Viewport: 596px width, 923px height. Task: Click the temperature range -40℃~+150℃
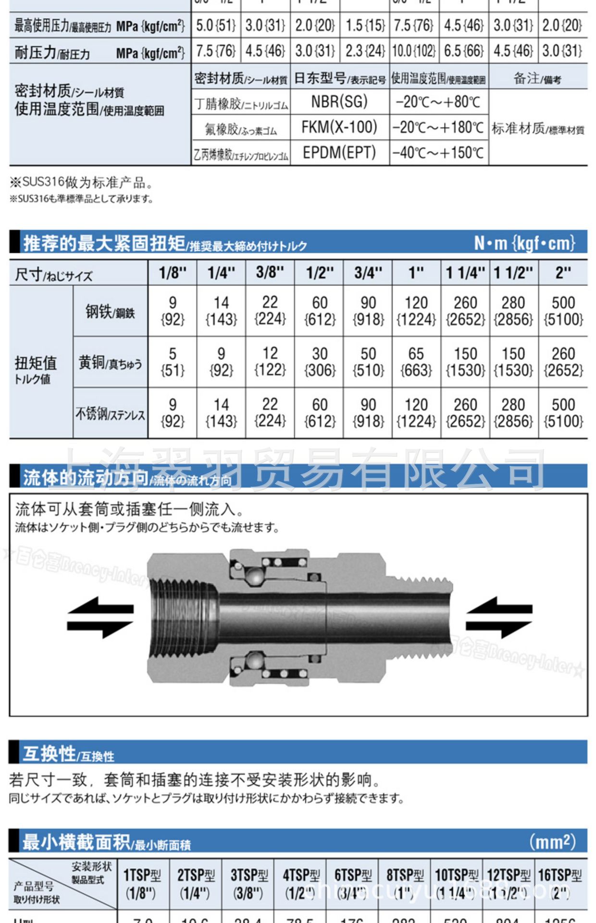click(x=438, y=153)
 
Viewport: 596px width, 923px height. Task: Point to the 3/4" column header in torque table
click(x=368, y=273)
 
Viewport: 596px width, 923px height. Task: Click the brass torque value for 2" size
click(x=563, y=362)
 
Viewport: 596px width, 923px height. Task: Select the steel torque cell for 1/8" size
click(x=172, y=311)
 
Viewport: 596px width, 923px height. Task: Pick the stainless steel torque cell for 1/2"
click(x=319, y=412)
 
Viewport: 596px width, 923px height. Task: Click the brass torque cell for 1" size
click(x=416, y=362)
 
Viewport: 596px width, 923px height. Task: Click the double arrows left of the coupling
click(x=100, y=617)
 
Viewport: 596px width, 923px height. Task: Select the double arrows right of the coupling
click(x=499, y=617)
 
